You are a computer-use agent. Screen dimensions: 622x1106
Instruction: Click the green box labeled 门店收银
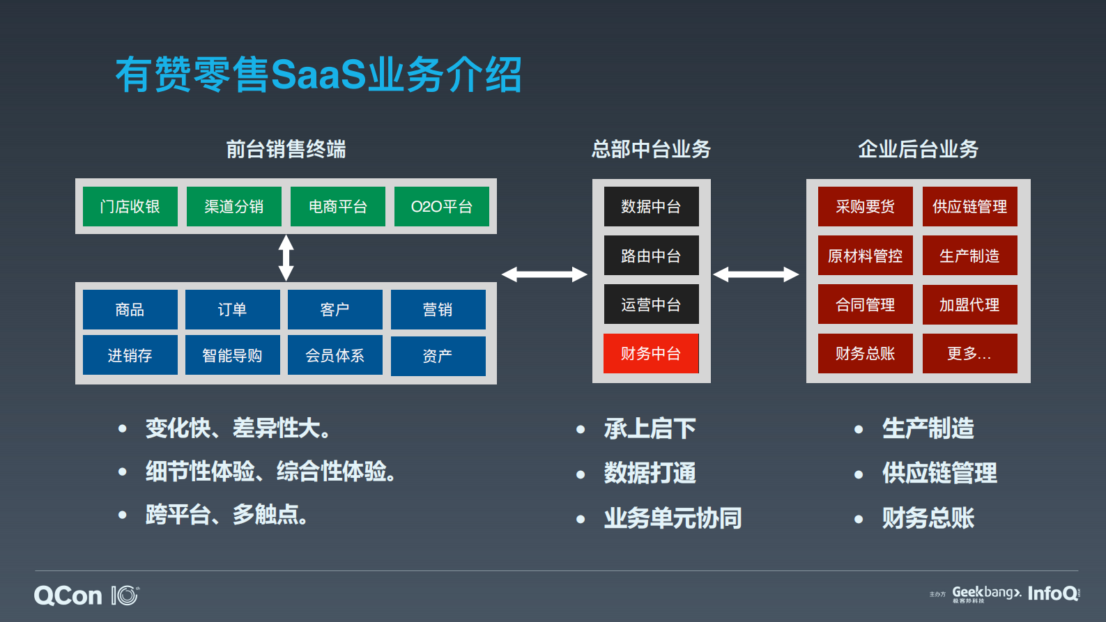coord(130,206)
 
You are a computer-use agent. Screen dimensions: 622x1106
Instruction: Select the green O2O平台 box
coord(441,206)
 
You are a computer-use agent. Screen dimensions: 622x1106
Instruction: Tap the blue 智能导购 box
coord(232,355)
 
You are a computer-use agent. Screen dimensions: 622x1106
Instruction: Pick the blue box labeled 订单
coord(232,309)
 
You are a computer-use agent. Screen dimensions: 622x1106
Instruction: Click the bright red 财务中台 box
coord(651,354)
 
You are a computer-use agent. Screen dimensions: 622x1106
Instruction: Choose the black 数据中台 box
coord(651,206)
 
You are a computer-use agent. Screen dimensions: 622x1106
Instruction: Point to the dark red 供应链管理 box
coord(969,206)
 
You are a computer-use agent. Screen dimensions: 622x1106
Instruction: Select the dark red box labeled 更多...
coord(969,354)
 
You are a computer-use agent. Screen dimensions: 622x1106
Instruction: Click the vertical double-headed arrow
coord(286,258)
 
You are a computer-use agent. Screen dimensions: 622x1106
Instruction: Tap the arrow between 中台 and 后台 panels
coord(756,274)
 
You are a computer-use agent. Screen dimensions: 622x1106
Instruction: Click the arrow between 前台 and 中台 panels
coord(544,274)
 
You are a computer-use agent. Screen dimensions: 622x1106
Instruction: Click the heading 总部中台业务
coord(651,149)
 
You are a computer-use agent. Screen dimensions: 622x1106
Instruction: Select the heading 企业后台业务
coord(918,149)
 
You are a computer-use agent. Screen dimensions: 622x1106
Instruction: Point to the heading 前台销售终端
coord(286,149)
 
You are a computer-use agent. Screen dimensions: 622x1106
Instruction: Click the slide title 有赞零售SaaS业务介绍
coord(318,75)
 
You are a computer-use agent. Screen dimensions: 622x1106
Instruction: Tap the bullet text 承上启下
coord(650,428)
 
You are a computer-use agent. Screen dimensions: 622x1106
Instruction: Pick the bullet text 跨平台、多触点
coord(226,515)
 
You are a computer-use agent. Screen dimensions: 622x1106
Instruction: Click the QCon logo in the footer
coord(68,596)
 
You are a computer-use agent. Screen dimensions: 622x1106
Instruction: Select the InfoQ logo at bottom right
coord(1052,593)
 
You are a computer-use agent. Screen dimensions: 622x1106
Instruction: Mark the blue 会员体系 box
coord(335,355)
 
